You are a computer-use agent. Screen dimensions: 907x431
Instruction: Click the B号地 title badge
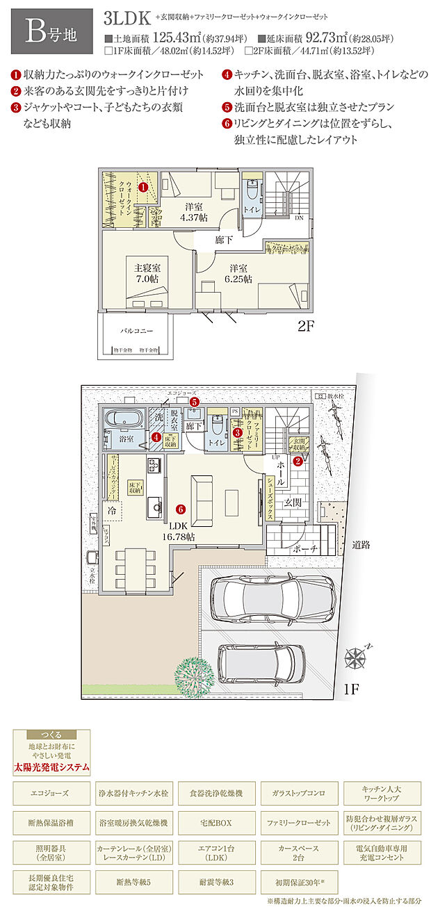pos(48,31)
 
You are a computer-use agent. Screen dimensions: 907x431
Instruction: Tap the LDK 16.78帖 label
pos(184,532)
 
